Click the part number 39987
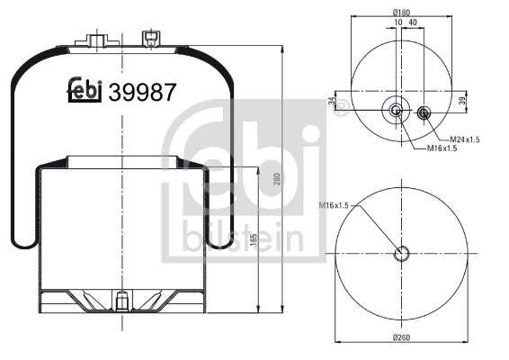point(142,93)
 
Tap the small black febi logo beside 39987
point(85,90)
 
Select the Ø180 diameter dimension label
point(401,13)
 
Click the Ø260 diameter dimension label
point(402,337)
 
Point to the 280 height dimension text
point(277,179)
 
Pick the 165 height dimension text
point(254,239)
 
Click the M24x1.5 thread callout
point(465,139)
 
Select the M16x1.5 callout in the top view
point(442,148)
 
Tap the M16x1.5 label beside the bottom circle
point(334,205)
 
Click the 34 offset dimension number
point(332,101)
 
